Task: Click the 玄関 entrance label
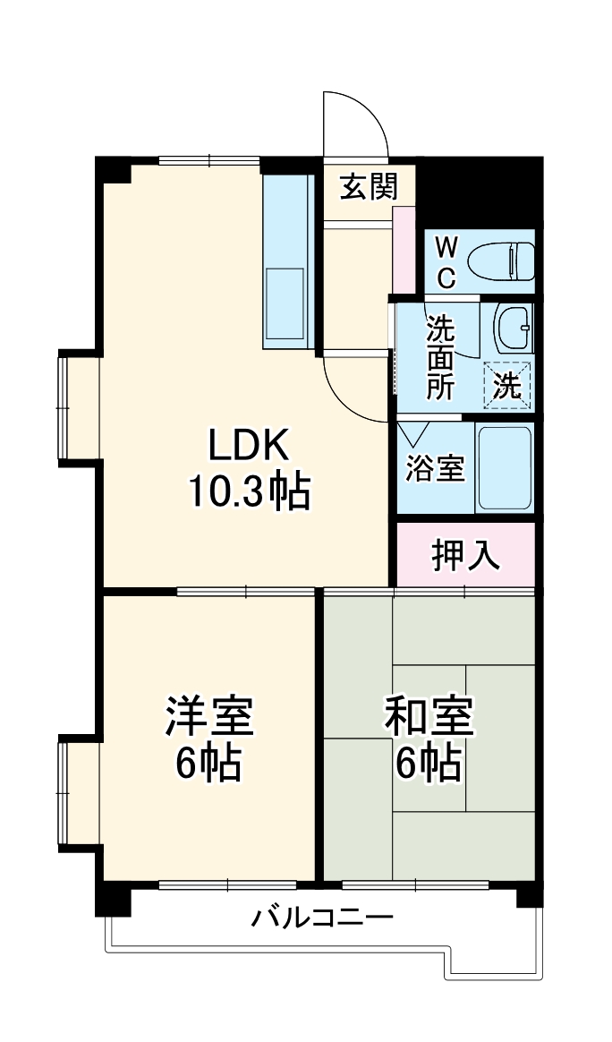[368, 187]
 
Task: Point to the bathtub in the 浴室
[505, 467]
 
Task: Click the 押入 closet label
[464, 556]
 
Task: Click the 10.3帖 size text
[248, 491]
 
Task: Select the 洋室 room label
[208, 717]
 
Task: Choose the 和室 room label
[429, 717]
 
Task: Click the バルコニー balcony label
[322, 918]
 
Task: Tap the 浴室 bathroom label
[435, 468]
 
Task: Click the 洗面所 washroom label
[440, 358]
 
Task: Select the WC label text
[446, 261]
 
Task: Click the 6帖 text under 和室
[429, 764]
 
